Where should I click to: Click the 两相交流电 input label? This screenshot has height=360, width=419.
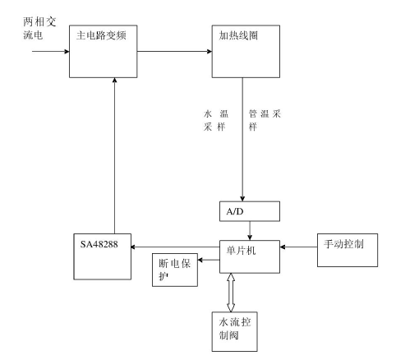39,28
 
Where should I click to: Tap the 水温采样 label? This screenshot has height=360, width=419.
216,120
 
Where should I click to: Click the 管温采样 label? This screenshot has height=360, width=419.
265,120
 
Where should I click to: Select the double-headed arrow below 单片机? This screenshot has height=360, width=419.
231,293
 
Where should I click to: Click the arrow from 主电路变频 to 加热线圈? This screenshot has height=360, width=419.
174,51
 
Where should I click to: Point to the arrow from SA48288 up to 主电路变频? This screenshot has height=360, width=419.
114,155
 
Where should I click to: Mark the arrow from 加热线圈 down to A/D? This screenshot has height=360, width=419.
242,140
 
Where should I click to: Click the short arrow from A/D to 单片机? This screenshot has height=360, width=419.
250,231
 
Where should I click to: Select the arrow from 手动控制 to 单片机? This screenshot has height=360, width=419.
298,247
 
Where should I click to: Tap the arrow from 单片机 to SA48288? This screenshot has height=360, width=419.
175,247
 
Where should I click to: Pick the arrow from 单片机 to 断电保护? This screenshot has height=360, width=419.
209,260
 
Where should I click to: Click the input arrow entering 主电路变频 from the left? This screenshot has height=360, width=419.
51,51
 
